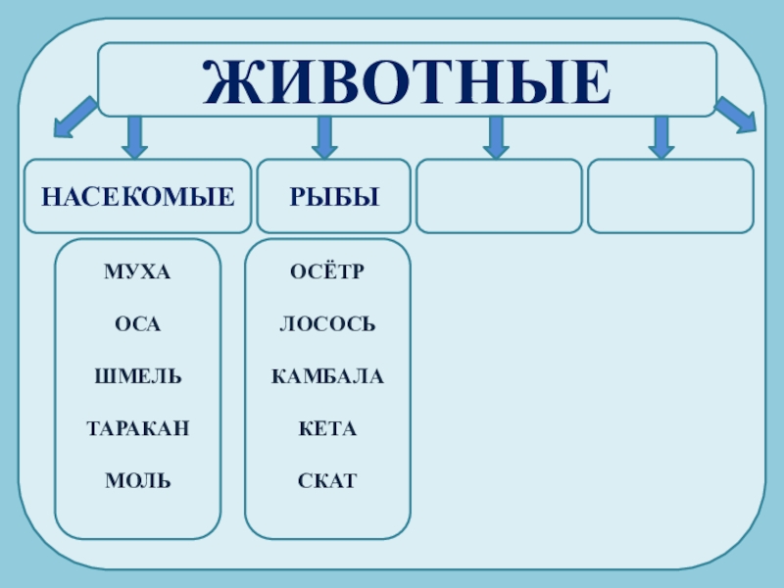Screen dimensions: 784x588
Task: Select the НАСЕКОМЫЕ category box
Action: (137, 197)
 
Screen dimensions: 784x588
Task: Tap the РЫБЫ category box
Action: (334, 197)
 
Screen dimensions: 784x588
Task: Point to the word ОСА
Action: (137, 323)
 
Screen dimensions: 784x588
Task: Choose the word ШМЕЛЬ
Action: (137, 376)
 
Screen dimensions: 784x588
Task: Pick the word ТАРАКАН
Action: (137, 428)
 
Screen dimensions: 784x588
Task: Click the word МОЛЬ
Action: (137, 481)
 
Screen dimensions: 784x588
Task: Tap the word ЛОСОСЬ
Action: (327, 323)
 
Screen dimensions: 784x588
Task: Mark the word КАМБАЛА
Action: (327, 376)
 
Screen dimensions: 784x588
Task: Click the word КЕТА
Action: (327, 428)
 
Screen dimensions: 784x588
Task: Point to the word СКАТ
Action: (327, 481)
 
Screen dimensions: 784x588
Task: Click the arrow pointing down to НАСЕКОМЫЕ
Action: (135, 137)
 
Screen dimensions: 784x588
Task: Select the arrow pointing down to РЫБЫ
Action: (323, 137)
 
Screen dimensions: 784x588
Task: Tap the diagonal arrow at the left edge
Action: (74, 117)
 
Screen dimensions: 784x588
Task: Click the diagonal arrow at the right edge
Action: (735, 115)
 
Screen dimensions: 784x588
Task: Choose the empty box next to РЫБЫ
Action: (499, 197)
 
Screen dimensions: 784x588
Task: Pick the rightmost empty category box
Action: (670, 197)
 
